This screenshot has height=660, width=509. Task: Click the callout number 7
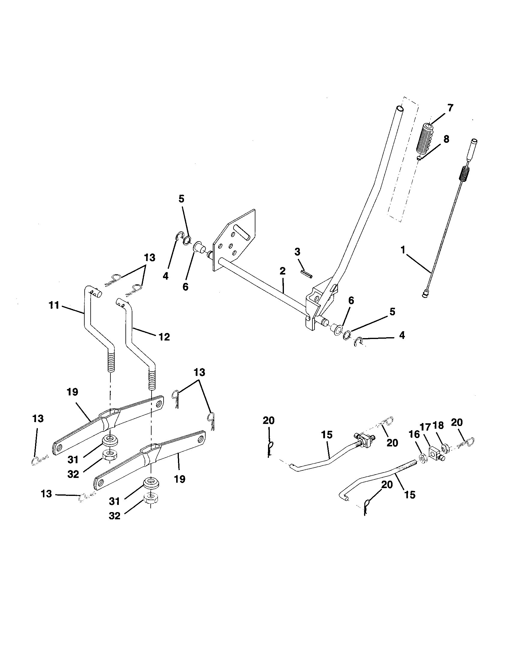click(x=450, y=108)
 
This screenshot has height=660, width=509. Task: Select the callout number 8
click(x=446, y=139)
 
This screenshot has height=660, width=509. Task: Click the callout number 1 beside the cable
click(x=402, y=250)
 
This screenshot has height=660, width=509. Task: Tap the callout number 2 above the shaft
click(x=282, y=271)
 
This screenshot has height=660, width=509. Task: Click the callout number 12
click(x=164, y=337)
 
